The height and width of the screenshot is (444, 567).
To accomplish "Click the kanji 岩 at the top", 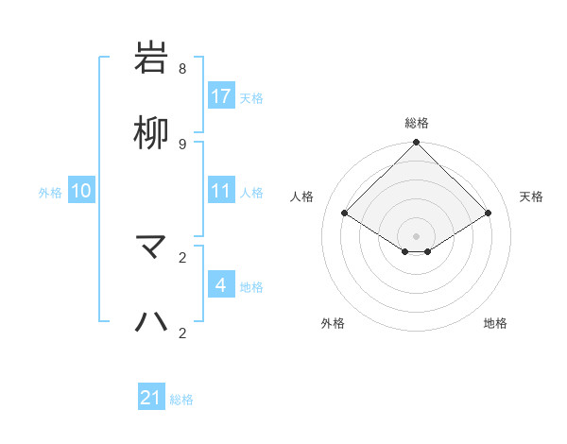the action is click(152, 59).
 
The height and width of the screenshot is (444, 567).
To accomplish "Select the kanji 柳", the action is click(152, 133).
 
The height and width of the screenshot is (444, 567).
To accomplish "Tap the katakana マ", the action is click(152, 248).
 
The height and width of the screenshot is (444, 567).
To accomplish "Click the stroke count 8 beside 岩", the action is click(182, 69).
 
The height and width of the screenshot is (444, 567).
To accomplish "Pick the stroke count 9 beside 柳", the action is click(182, 144).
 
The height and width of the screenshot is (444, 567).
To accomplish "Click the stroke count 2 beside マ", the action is click(182, 257).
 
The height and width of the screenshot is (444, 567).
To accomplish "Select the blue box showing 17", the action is click(221, 96).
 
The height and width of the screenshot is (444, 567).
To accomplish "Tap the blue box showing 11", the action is click(221, 191).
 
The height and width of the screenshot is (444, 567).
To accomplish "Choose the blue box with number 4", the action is click(221, 285).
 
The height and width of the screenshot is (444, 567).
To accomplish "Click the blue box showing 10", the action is click(81, 191).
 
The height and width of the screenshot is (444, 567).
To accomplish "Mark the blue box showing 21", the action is click(151, 398).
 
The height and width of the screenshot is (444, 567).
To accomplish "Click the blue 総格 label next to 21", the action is click(181, 400).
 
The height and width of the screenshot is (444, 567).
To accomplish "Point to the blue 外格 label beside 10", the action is click(50, 193).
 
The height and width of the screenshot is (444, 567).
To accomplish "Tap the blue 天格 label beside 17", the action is click(251, 98).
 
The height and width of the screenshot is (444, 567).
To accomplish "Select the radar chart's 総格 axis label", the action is click(417, 123).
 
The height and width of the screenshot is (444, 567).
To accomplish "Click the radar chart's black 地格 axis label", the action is click(495, 324).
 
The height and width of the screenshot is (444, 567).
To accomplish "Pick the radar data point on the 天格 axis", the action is click(489, 213).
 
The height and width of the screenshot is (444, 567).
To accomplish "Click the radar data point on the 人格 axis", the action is click(345, 213).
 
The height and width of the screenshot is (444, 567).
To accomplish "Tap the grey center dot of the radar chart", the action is click(417, 235).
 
